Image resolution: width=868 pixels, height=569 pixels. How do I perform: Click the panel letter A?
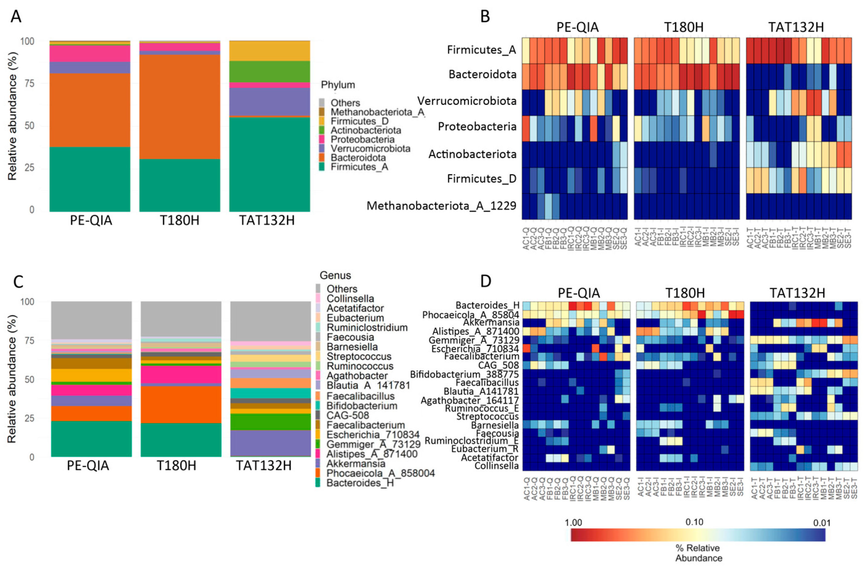16,16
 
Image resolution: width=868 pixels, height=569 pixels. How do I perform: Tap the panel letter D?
486,281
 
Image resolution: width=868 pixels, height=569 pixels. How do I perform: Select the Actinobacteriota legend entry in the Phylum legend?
366,130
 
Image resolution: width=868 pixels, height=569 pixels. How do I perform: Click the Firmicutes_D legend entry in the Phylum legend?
359,121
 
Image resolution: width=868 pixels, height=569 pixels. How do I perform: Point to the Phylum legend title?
338,85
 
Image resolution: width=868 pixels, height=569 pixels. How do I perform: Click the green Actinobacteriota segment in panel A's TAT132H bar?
270,72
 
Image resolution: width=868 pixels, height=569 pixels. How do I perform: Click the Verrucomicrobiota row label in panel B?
467,101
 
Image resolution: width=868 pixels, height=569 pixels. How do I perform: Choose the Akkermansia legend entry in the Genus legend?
356,463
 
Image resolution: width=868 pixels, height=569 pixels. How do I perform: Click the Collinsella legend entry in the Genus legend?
350,298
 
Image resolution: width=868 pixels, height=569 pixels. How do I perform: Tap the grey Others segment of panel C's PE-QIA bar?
91,320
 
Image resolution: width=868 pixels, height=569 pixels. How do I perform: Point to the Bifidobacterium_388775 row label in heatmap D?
464,374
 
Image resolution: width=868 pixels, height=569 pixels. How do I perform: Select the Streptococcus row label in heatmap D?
487,416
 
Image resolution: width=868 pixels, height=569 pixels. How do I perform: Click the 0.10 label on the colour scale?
694,522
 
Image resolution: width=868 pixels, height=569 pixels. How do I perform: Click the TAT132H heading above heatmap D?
797,293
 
